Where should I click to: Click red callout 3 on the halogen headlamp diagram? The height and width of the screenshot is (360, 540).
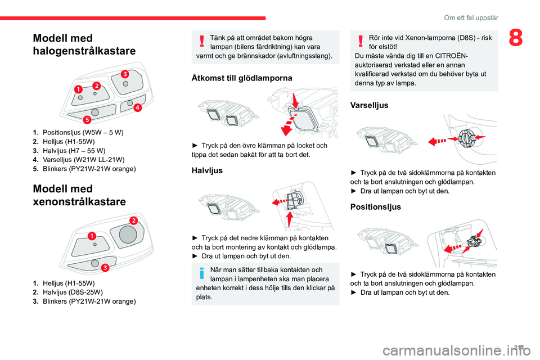[124, 74]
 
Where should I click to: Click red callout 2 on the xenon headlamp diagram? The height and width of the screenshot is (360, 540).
[134, 219]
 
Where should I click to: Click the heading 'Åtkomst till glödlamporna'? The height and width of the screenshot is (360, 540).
[242, 78]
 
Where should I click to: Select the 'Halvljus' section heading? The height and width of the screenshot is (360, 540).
[208, 170]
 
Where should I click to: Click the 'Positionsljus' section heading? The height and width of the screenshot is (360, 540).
[375, 206]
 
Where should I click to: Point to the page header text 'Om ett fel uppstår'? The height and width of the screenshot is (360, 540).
[471, 17]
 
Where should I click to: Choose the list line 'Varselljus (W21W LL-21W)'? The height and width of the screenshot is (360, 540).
[79, 160]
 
